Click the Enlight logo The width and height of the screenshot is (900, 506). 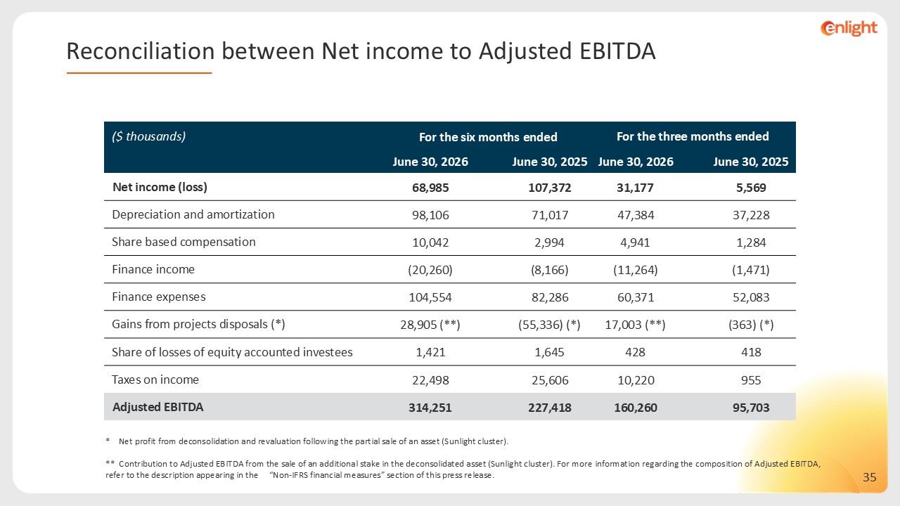[849, 28]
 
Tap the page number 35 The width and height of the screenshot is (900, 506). [870, 477]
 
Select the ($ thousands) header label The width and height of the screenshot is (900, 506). [148, 136]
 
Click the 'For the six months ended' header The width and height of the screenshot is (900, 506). [488, 137]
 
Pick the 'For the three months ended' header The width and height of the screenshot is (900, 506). [693, 136]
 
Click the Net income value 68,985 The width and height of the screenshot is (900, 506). [430, 188]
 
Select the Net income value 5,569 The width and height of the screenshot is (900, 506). [751, 188]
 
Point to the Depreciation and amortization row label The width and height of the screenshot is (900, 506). [193, 214]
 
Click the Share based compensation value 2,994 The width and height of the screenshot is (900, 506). [549, 242]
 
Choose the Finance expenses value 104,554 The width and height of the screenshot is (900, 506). [430, 297]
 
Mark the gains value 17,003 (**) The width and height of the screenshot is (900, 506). [635, 325]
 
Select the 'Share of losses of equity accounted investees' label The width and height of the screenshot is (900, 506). [232, 352]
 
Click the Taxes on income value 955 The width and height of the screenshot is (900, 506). [751, 380]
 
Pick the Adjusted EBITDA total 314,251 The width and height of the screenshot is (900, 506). [430, 408]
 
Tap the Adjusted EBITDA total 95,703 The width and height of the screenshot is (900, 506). [751, 408]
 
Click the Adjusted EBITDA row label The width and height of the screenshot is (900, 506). [158, 407]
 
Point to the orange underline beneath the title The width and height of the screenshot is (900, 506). [139, 73]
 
